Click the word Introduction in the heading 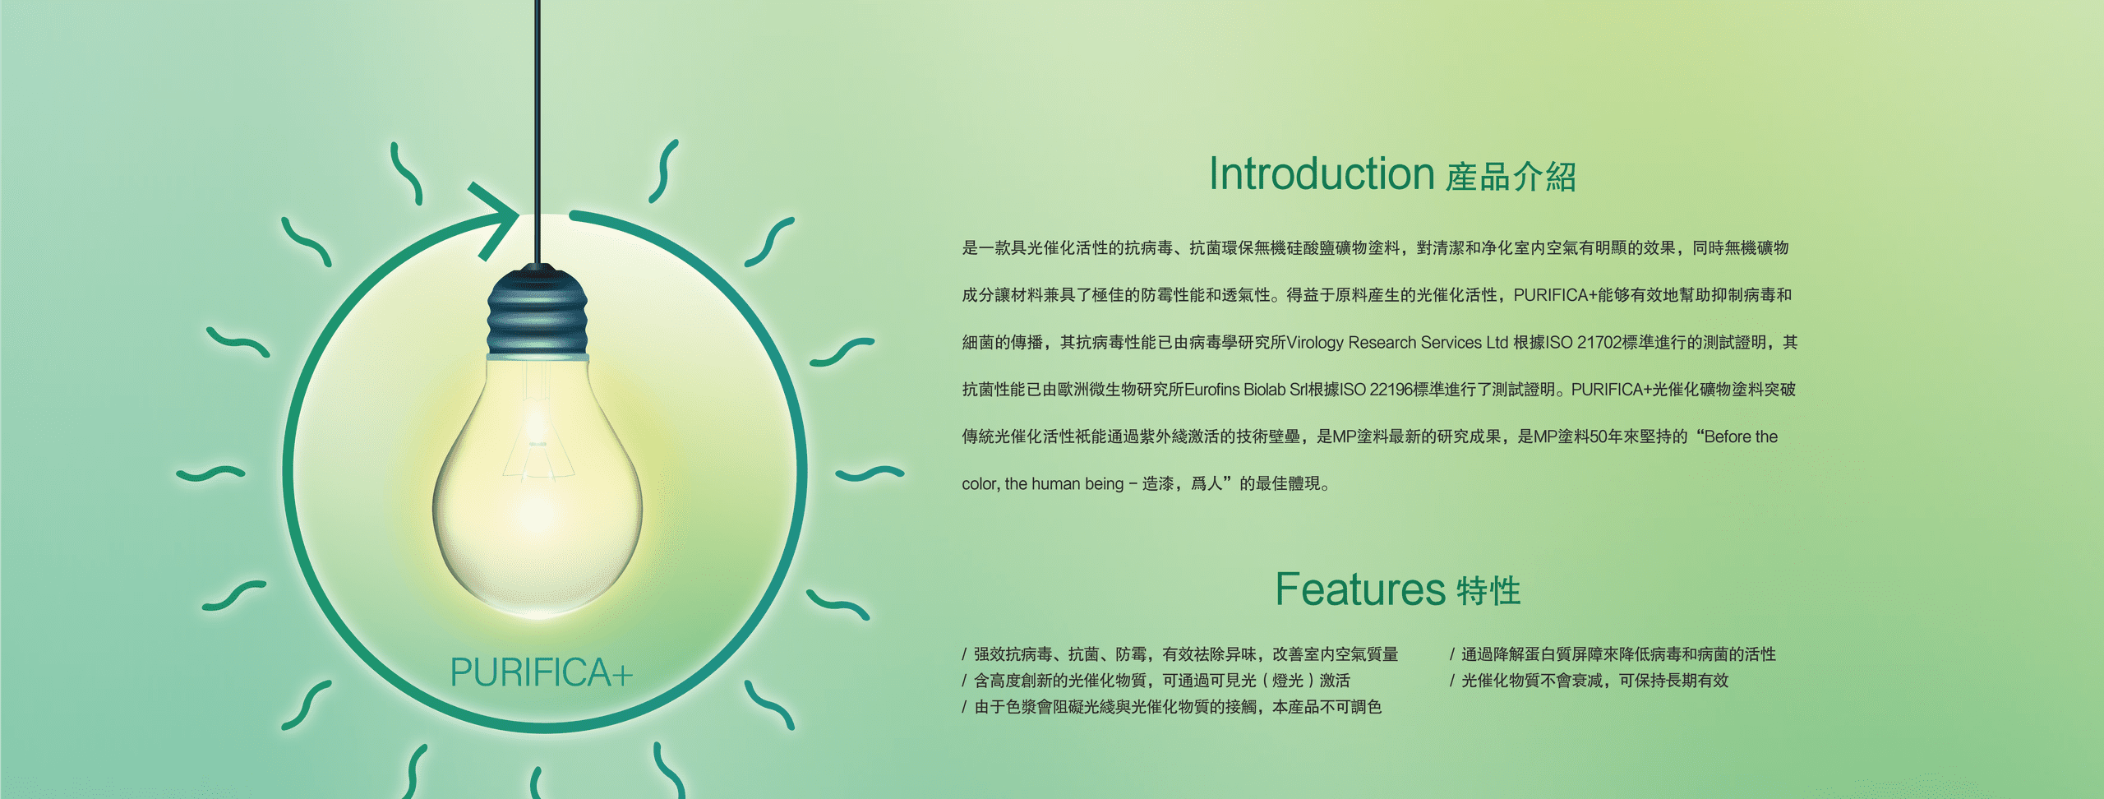pos(1321,174)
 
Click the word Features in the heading pos(1359,589)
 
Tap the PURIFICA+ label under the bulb pos(541,672)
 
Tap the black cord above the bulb pos(538,132)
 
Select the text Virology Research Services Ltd pos(1397,343)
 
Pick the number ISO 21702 pos(1583,343)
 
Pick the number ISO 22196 pos(1377,390)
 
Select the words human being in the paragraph pos(1077,484)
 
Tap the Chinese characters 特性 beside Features pos(1488,591)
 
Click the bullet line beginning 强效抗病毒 pos(1180,654)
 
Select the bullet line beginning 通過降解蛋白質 pos(1613,654)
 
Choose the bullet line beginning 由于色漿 pos(1172,707)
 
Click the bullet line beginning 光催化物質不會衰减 pos(1589,681)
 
